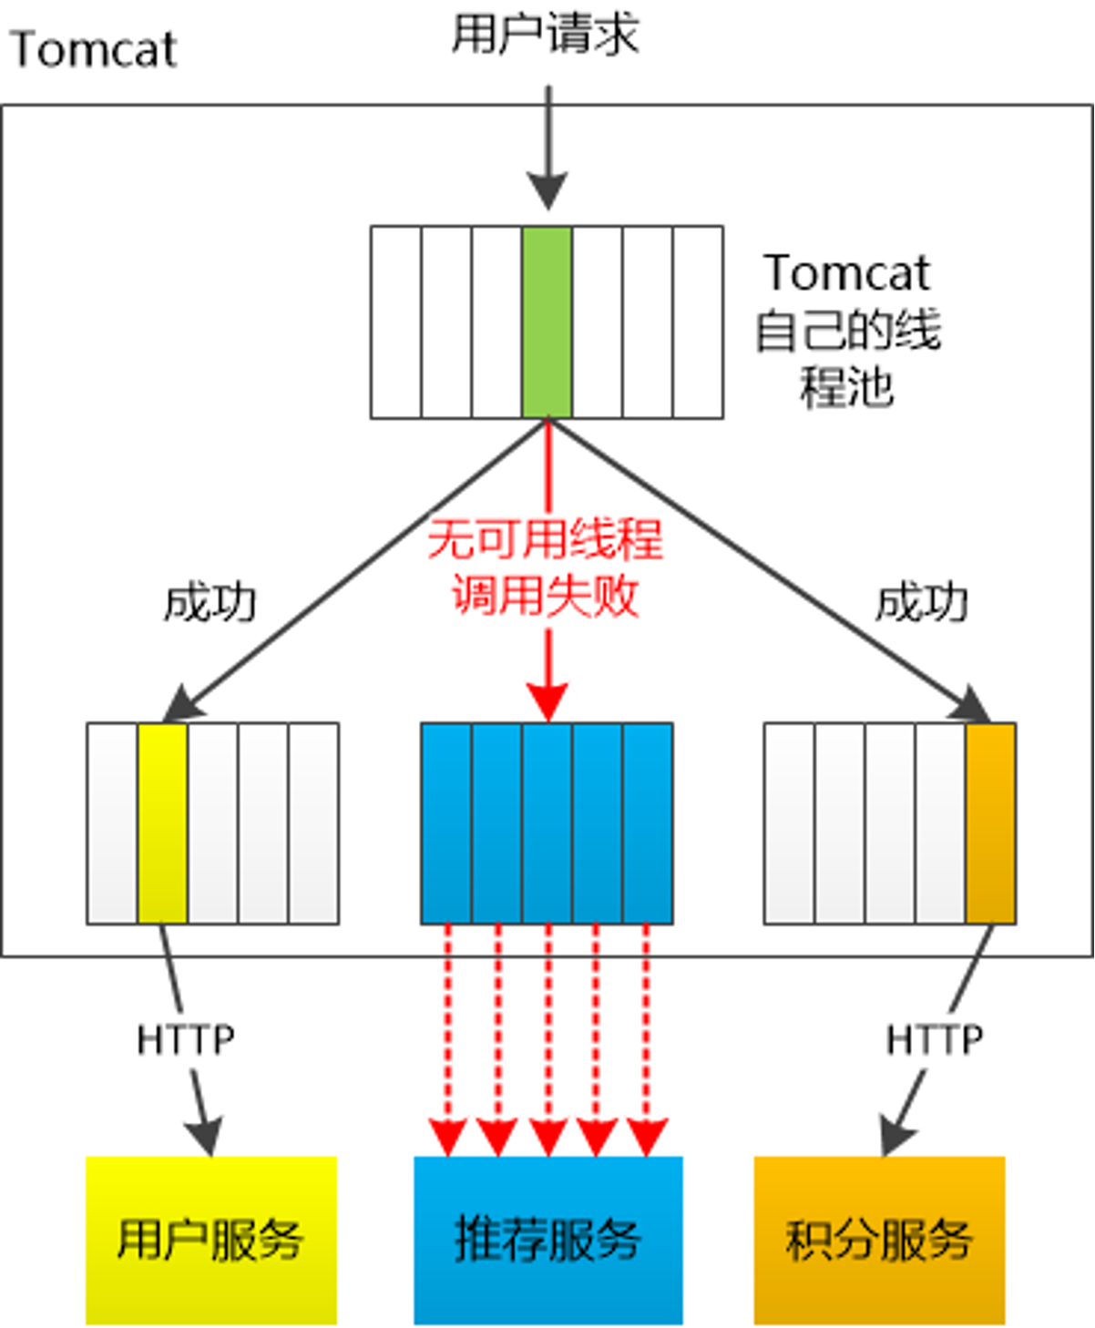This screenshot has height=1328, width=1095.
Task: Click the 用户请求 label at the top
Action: click(545, 35)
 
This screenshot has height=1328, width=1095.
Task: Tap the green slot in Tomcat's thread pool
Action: click(547, 322)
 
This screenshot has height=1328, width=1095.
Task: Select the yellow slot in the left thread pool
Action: click(163, 823)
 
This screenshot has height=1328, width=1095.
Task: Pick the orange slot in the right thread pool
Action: click(990, 823)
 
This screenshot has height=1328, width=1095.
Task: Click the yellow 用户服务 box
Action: click(211, 1240)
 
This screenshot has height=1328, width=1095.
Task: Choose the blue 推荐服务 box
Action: click(547, 1240)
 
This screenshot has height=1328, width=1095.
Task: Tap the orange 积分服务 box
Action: click(879, 1240)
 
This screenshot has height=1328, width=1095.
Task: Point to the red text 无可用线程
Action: click(545, 539)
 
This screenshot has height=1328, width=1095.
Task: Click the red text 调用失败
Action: click(545, 596)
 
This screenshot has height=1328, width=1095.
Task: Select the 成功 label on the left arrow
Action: click(210, 603)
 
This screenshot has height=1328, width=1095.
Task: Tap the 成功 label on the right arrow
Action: click(921, 603)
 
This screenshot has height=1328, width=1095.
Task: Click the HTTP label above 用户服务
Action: click(185, 1039)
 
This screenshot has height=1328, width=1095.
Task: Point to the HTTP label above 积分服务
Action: click(935, 1039)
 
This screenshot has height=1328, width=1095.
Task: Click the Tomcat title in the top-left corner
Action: click(93, 49)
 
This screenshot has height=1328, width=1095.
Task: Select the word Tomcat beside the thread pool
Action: click(847, 272)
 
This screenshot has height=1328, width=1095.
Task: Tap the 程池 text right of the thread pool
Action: click(847, 386)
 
